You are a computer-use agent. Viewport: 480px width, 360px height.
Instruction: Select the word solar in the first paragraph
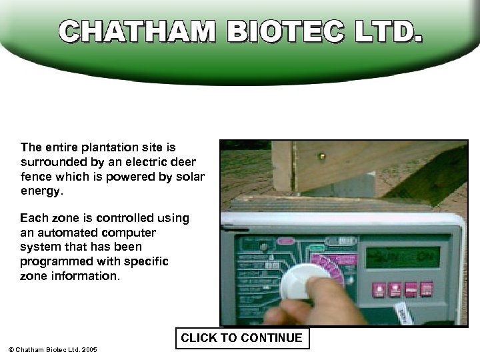(189, 176)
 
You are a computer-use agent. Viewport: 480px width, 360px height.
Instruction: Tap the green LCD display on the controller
(402, 257)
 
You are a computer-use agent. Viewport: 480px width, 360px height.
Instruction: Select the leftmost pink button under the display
(379, 290)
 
